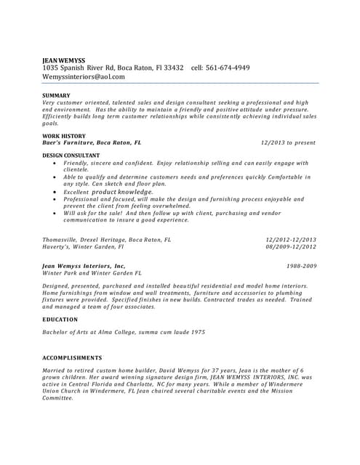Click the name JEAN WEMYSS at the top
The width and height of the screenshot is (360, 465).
click(x=63, y=60)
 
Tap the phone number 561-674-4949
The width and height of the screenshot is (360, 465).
click(x=231, y=68)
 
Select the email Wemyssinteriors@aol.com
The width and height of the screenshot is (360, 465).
click(x=84, y=76)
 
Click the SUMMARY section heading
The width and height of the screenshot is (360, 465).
click(x=56, y=95)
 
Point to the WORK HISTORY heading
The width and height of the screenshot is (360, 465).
click(x=64, y=136)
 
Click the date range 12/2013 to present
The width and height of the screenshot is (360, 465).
click(x=288, y=143)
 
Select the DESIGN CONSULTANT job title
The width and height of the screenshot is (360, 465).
click(x=71, y=155)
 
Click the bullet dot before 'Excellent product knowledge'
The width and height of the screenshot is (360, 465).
click(x=55, y=192)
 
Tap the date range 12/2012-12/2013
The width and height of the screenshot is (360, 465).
click(x=291, y=239)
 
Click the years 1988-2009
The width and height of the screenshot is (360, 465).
click(x=301, y=266)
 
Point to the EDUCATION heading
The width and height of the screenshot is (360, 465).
click(x=60, y=319)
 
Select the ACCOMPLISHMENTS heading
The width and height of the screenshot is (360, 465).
click(x=72, y=357)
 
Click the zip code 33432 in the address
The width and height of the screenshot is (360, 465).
click(x=171, y=68)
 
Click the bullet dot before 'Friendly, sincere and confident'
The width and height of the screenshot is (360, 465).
click(x=55, y=163)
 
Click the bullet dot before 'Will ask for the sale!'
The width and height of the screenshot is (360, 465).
click(x=55, y=213)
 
